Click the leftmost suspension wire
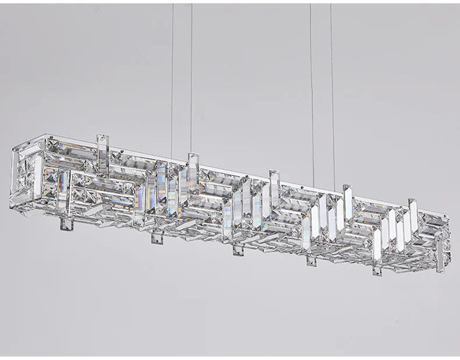(x=172, y=76)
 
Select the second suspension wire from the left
(x=191, y=76)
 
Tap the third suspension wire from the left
(x=312, y=87)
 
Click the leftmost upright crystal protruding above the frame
(x=102, y=149)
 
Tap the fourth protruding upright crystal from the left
(x=348, y=196)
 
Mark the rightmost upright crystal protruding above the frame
(x=413, y=210)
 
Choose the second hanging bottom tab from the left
(x=155, y=237)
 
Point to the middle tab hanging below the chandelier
(x=238, y=250)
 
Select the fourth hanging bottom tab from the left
(x=312, y=260)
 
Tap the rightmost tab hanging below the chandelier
(x=377, y=270)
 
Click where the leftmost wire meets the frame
(x=171, y=157)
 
